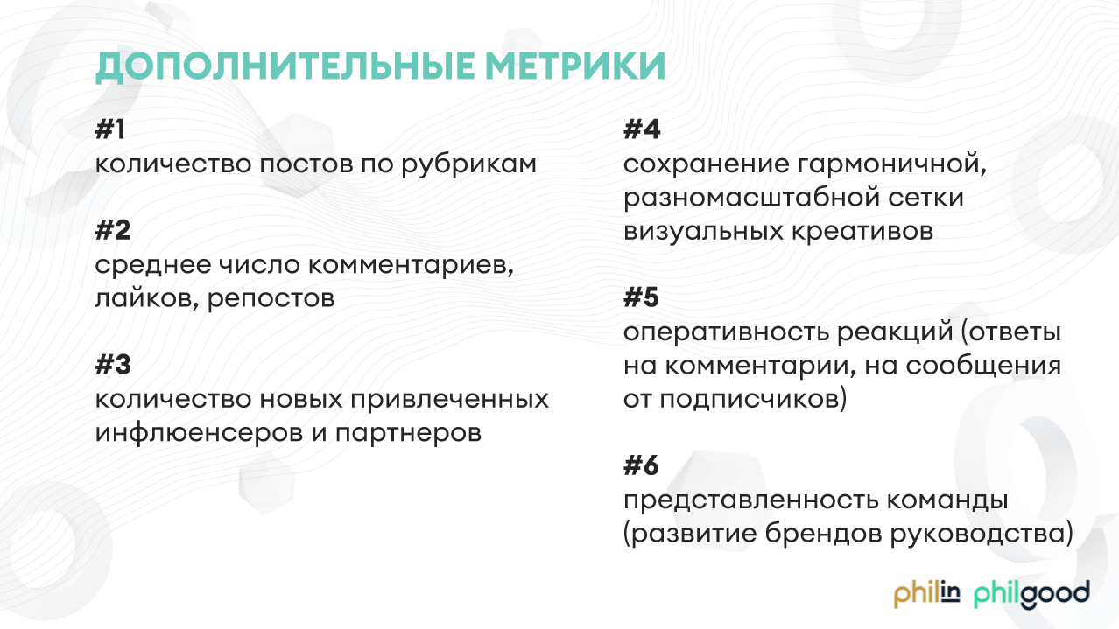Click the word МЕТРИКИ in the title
[x=575, y=66]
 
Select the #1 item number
[x=110, y=129]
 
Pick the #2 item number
[x=113, y=230]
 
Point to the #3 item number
[x=113, y=365]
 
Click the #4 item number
[x=642, y=129]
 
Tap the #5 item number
[x=642, y=297]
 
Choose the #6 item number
[x=642, y=465]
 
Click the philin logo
[x=926, y=595]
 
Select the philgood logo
[x=1031, y=595]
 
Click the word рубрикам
[x=468, y=165]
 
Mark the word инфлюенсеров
[x=199, y=433]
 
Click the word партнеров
[x=408, y=434]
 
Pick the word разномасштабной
[x=752, y=199]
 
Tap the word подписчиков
[x=753, y=400]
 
